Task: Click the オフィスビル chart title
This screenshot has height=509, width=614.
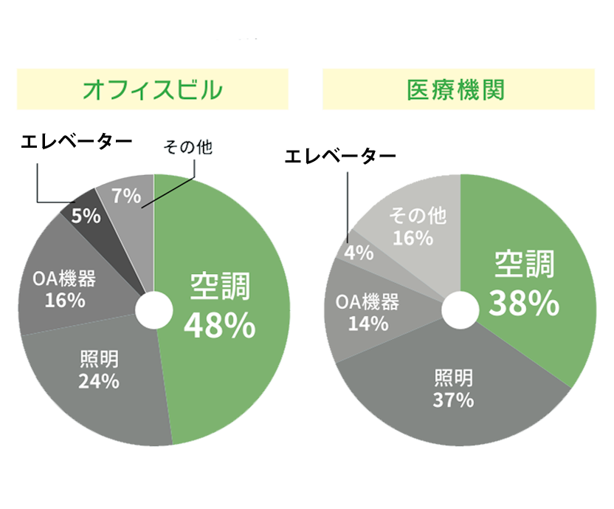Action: pos(153,90)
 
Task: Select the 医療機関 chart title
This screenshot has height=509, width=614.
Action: pos(455,90)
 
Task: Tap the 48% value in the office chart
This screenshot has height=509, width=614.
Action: pos(220,325)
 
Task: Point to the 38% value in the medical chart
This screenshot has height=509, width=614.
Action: pos(523,302)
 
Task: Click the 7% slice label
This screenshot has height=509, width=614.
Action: pos(125,196)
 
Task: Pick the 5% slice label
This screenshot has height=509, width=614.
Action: pos(86,216)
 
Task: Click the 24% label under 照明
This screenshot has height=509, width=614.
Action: pos(99,381)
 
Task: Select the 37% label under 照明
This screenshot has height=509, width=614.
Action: pos(453,400)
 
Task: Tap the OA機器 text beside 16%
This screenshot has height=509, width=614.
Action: pos(64,279)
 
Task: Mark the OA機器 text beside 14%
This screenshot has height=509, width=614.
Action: pos(368,302)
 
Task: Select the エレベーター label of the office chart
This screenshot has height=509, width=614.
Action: pos(77,141)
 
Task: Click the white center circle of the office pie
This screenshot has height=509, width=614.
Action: pos(153,311)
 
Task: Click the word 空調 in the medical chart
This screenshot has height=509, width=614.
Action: pos(523,264)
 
